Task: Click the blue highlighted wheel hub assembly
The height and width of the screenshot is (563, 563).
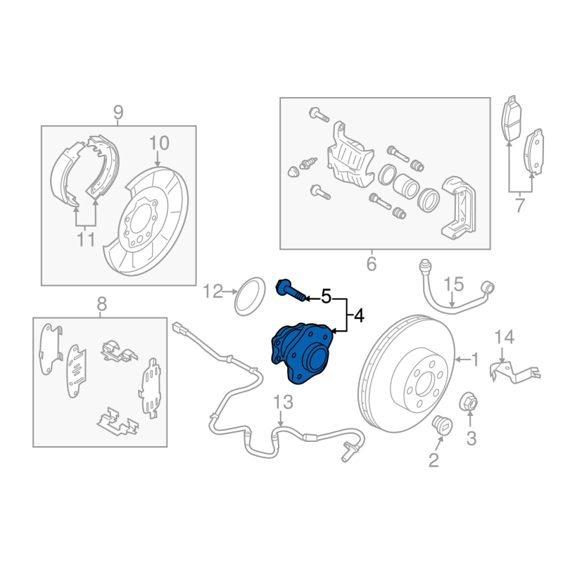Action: coord(301,353)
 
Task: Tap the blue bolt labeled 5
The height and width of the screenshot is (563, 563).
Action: coord(291,290)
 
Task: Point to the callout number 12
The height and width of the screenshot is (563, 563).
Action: coord(213,291)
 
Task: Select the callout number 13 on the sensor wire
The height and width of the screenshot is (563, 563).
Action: coord(281,403)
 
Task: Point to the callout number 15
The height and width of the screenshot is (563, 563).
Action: coord(454,285)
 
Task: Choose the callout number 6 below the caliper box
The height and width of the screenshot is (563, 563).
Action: coord(372,265)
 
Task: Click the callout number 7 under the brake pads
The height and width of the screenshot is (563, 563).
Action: coord(519,206)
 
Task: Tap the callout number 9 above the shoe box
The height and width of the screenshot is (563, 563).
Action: coord(118,112)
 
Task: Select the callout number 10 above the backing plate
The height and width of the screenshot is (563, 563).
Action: coord(159,144)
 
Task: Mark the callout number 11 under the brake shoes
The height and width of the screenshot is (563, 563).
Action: coord(85,240)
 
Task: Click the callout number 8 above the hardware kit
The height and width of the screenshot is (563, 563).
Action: coord(101,305)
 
